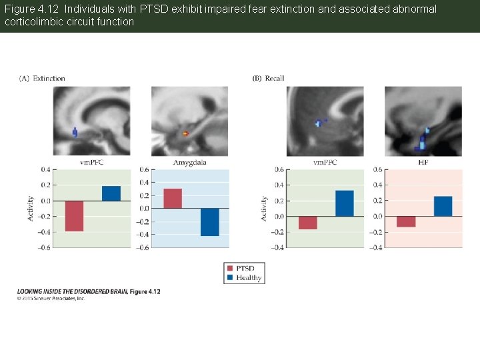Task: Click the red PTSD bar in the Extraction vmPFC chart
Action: (x=74, y=215)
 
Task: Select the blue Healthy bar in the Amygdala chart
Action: (x=209, y=221)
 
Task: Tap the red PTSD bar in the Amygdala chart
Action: (x=172, y=198)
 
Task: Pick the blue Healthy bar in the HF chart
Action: (x=443, y=206)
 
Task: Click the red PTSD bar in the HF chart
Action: (x=405, y=221)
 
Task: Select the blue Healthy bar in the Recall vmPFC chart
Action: (x=344, y=203)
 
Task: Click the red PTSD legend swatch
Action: (x=230, y=269)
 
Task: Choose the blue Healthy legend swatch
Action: (x=230, y=277)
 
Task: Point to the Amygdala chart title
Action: (x=189, y=163)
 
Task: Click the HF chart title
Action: (x=423, y=163)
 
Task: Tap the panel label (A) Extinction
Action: (x=42, y=79)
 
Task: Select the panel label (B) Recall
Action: (x=268, y=79)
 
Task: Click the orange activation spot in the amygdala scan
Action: (x=186, y=134)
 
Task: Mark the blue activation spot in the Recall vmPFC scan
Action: (x=319, y=123)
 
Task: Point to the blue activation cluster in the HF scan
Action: (x=423, y=141)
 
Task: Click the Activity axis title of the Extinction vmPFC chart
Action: (x=30, y=208)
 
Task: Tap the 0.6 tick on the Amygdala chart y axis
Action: (x=143, y=170)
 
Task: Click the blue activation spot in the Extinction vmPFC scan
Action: (x=75, y=133)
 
